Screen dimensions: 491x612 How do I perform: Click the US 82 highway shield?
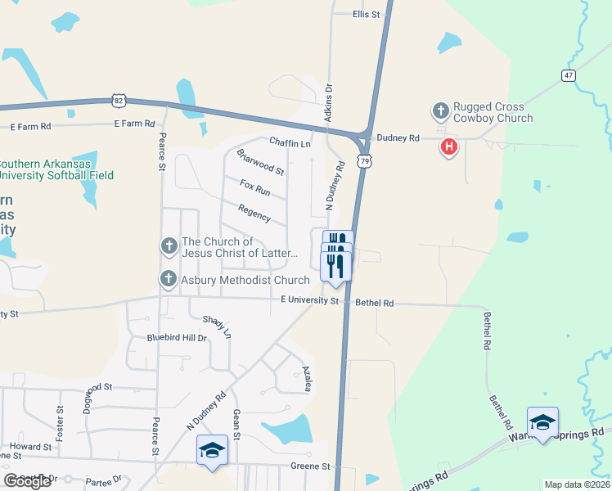coord(119,100)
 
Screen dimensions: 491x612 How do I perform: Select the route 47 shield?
coord(569,75)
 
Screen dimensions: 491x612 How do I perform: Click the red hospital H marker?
coord(448,147)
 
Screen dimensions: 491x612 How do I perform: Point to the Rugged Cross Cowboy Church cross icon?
coord(440,110)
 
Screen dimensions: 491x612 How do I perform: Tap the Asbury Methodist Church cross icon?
coord(169,280)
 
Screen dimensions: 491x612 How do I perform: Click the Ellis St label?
coord(367,15)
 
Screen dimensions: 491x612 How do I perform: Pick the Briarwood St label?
coord(259,162)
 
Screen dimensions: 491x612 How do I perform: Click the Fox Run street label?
coord(255,187)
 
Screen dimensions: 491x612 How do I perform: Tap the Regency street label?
coord(254,213)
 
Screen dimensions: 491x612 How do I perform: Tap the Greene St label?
coord(310,466)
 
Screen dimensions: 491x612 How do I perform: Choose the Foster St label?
coord(60,420)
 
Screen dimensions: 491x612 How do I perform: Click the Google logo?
coord(27,481)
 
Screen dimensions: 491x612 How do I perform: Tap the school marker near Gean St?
coord(213,450)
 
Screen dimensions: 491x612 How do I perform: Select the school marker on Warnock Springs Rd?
coord(542,422)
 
